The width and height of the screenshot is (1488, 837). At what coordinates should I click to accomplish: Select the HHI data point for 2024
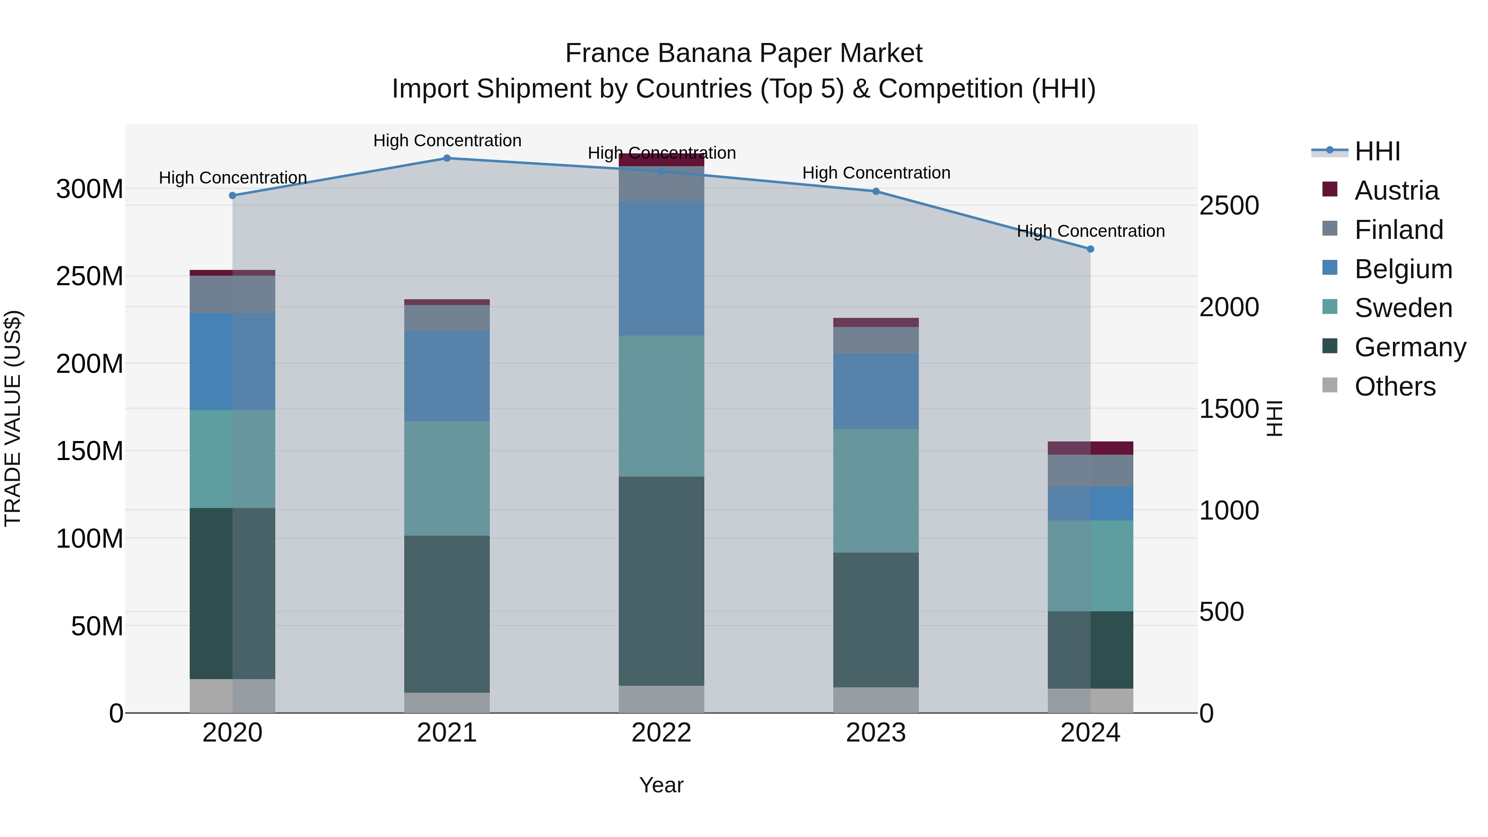pos(1090,249)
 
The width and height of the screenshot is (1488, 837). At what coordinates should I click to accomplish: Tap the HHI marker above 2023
pos(876,191)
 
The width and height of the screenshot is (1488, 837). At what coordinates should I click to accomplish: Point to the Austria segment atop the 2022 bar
pos(661,160)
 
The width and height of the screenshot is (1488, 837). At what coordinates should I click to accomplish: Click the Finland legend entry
pos(1398,230)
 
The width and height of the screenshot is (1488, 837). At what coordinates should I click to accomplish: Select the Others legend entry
pos(1395,386)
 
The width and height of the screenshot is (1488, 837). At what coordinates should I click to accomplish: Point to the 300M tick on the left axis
pos(90,189)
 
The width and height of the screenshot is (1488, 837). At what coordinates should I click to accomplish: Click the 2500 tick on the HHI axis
pos(1229,206)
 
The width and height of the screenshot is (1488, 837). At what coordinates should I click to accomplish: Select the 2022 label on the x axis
pos(661,733)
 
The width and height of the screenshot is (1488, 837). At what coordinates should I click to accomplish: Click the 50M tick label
pos(97,626)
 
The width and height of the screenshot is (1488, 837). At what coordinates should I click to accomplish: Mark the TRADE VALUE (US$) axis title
pos(13,418)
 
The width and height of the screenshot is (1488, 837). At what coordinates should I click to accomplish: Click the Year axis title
pos(661,785)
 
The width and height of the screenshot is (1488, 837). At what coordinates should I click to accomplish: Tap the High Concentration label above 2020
pos(233,177)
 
